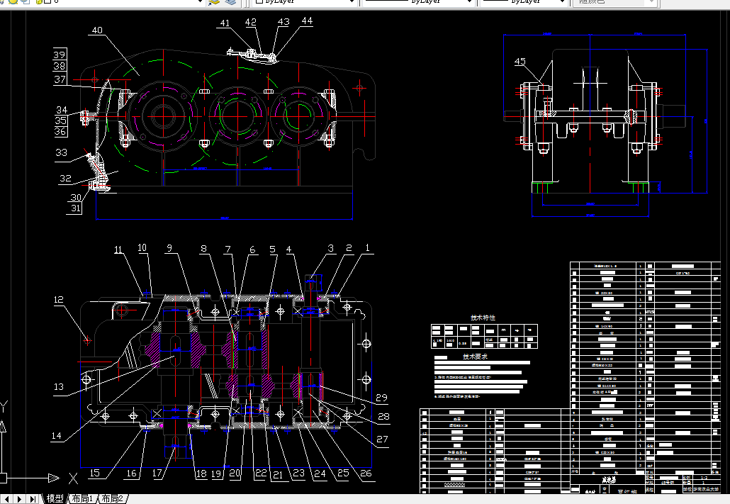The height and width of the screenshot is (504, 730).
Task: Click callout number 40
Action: [x=97, y=31]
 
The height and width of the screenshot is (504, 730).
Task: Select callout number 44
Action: [x=306, y=21]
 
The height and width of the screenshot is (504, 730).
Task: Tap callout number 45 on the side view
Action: [x=520, y=62]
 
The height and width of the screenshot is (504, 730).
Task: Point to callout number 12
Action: [x=60, y=300]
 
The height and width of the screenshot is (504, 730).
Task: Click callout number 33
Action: [x=62, y=152]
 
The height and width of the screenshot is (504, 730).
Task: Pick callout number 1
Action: [x=367, y=248]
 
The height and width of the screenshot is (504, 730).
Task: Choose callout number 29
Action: [x=382, y=398]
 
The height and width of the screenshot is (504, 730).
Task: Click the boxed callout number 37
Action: [x=60, y=80]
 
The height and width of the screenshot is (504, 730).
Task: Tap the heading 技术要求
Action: [x=475, y=357]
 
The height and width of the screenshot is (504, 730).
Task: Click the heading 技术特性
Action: [x=483, y=318]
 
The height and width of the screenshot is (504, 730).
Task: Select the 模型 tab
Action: [x=55, y=499]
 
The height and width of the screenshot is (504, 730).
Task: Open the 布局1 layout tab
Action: [x=82, y=499]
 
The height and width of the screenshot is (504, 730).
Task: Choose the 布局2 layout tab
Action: [x=113, y=499]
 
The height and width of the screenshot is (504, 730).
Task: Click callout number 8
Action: [x=204, y=249]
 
